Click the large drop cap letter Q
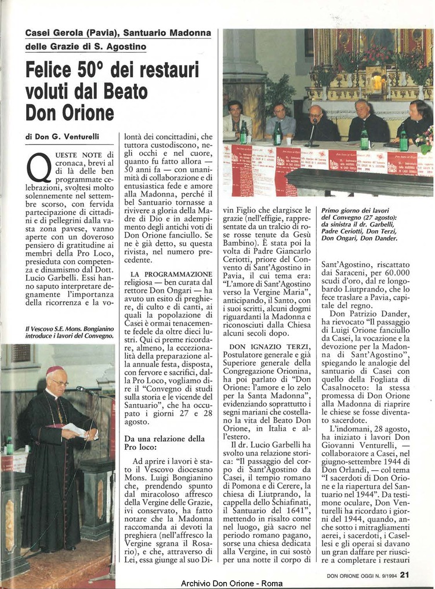coord(39,169)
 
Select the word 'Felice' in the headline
coord(49,71)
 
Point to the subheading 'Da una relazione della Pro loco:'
coord(164,443)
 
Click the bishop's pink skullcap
coord(55,369)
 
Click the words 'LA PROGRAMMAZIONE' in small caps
coord(172,274)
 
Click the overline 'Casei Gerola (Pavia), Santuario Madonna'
coord(118,33)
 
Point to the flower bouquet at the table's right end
coord(425,139)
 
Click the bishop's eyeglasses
coord(59,383)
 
